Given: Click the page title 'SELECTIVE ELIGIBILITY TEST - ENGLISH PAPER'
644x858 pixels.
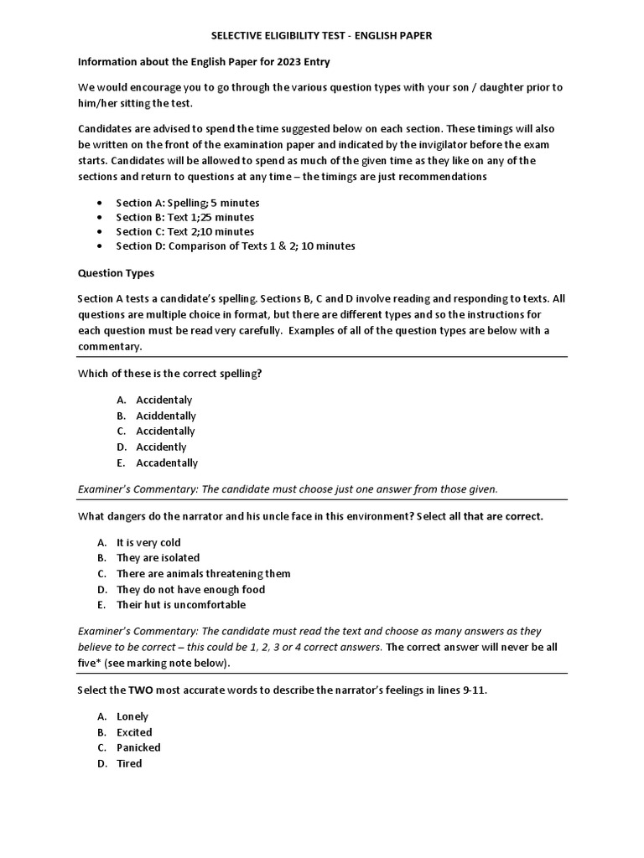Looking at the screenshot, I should pyautogui.click(x=321, y=36).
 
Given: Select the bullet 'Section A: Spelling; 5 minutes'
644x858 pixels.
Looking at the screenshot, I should pyautogui.click(x=188, y=203).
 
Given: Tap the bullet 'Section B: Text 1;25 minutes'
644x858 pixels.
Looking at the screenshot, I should pyautogui.click(x=184, y=217).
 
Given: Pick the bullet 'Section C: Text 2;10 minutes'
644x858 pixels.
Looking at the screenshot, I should pyautogui.click(x=184, y=231).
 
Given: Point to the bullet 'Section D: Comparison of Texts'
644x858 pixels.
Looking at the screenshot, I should pyautogui.click(x=235, y=246).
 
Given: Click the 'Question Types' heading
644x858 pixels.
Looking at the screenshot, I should pyautogui.click(x=116, y=273).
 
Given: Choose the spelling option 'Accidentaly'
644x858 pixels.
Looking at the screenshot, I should pyautogui.click(x=164, y=400).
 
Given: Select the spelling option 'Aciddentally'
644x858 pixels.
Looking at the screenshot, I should pyautogui.click(x=166, y=416).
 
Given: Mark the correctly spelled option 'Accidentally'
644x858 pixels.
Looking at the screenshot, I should pyautogui.click(x=165, y=431).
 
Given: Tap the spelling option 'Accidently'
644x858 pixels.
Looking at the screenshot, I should pyautogui.click(x=161, y=447).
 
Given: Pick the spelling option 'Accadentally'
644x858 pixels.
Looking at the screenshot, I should pyautogui.click(x=167, y=463).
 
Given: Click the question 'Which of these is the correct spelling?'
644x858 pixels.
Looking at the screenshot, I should pyautogui.click(x=170, y=374).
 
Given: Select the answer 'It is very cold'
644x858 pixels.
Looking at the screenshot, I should pyautogui.click(x=148, y=542).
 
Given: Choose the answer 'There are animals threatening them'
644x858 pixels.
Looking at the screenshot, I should pyautogui.click(x=204, y=573).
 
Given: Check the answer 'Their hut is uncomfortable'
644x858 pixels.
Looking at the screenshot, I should pyautogui.click(x=181, y=604).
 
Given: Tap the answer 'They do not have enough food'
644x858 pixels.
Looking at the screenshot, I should pyautogui.click(x=190, y=589).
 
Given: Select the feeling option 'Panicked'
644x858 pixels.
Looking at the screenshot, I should pyautogui.click(x=138, y=747).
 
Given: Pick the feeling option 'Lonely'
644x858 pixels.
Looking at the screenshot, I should pyautogui.click(x=132, y=716).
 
